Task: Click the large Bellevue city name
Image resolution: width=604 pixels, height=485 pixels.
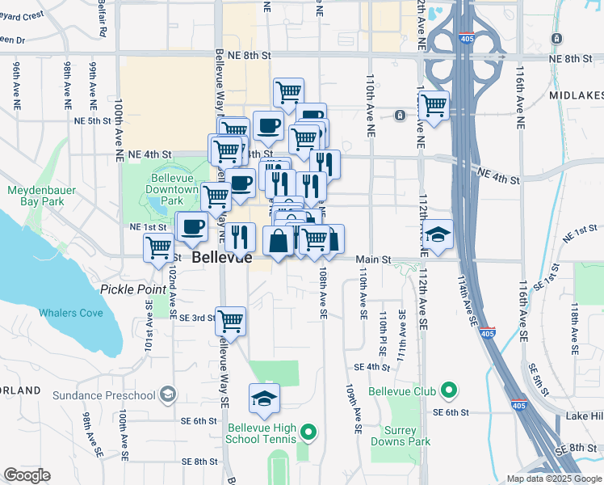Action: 222,259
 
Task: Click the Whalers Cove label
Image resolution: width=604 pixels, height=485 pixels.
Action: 71,313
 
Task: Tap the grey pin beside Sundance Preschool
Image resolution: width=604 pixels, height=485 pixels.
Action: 167,394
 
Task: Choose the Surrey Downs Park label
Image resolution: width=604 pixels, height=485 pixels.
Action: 400,436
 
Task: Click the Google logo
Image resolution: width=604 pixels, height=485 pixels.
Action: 27,475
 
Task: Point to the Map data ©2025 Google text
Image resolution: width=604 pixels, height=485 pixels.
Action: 553,479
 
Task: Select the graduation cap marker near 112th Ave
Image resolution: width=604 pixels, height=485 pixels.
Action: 439,235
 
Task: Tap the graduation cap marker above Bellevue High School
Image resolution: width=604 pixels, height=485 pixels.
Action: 264,399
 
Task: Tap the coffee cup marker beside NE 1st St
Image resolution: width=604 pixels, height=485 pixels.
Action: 192,227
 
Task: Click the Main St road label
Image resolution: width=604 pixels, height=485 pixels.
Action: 375,259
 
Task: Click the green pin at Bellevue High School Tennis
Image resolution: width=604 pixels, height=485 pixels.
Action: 307,432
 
